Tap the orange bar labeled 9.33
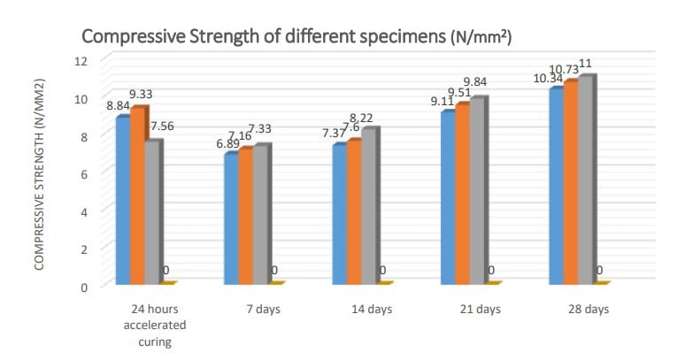point(138,195)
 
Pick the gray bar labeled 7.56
point(152,212)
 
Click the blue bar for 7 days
point(231,218)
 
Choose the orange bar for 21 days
point(462,195)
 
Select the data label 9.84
point(475,82)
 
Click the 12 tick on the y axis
point(82,60)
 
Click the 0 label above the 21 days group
point(491,270)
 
